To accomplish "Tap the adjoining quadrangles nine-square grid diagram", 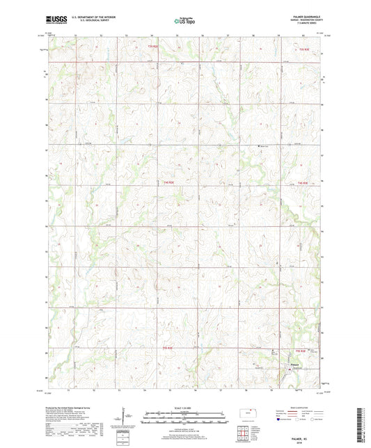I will pyautogui.click(x=248, y=434).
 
